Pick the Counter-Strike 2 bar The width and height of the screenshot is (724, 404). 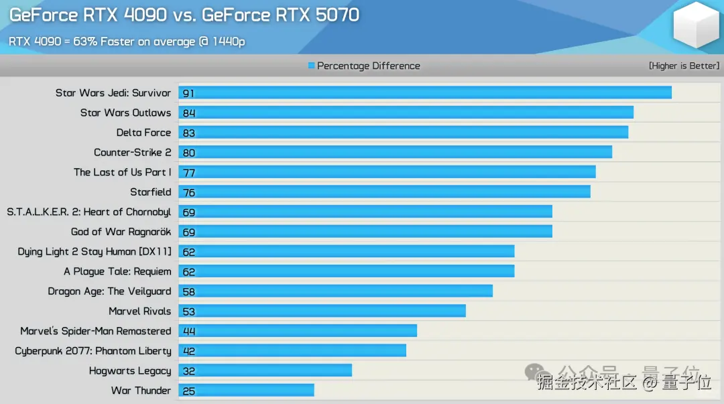click(x=395, y=153)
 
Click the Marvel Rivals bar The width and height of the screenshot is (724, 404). click(x=322, y=311)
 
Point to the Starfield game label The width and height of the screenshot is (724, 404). click(x=151, y=192)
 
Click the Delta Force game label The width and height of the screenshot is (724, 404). click(x=143, y=133)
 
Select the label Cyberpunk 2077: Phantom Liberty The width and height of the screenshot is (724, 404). click(x=93, y=351)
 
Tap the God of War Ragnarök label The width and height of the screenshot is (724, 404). click(x=121, y=232)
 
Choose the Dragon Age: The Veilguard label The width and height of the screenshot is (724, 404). click(x=109, y=291)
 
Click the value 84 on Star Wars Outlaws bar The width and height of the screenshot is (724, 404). click(x=189, y=113)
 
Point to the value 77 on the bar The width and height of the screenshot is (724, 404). click(x=189, y=173)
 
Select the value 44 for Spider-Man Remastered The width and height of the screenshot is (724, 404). click(x=189, y=331)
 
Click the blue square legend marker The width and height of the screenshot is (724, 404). click(x=311, y=66)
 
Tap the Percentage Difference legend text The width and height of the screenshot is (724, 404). click(x=369, y=66)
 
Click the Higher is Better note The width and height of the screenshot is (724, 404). click(x=684, y=66)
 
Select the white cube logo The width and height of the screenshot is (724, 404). click(x=696, y=25)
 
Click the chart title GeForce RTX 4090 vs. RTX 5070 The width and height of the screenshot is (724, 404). click(x=184, y=15)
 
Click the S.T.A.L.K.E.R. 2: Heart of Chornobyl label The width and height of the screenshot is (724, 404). click(x=89, y=212)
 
